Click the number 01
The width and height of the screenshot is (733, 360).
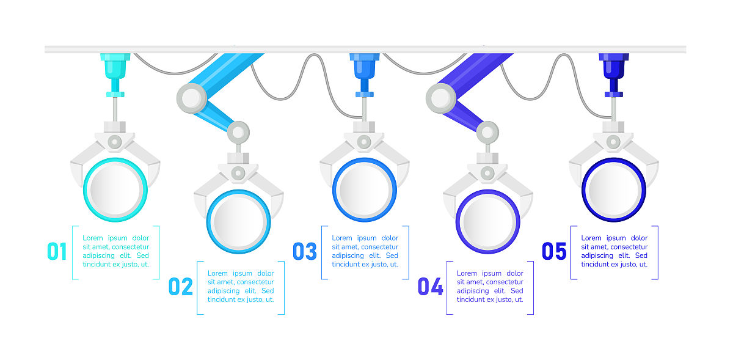point(57,251)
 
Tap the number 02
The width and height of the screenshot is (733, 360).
point(180,287)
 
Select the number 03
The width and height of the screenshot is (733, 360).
point(305,251)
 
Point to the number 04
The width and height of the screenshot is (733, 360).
point(430,287)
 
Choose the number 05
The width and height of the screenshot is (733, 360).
point(554,251)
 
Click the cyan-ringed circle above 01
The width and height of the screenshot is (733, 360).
point(115,189)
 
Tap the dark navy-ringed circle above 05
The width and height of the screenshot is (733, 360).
point(613,189)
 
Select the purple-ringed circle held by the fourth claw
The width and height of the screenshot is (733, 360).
point(488,221)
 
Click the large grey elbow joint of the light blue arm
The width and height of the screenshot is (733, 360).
point(192,98)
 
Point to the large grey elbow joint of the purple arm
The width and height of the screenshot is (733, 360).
point(441,98)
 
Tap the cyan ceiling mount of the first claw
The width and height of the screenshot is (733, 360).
point(115,75)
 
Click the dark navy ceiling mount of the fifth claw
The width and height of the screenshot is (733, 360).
point(613,75)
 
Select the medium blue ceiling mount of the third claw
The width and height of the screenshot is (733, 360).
point(365,75)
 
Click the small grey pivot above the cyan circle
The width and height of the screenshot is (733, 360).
point(115,142)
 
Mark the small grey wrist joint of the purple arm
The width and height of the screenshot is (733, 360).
point(487,133)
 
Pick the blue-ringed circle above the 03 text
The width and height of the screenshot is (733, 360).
point(365,189)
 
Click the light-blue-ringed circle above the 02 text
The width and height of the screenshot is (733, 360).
point(239,221)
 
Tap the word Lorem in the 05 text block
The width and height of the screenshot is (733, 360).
point(592,238)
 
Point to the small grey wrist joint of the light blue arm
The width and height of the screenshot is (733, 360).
point(238,133)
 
